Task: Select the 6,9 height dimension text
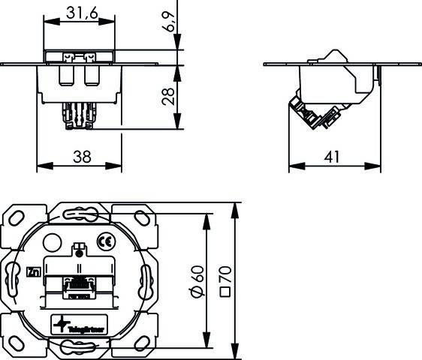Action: pos(172,22)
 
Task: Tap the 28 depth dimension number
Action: pos(170,96)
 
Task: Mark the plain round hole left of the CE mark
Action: pos(52,243)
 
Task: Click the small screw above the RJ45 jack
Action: pos(77,249)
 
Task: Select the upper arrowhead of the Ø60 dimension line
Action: pos(206,217)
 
